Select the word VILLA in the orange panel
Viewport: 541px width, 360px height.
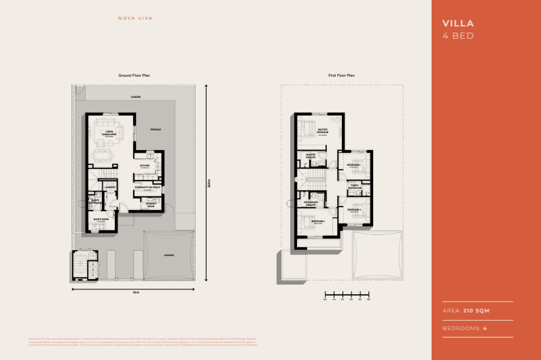(458, 23)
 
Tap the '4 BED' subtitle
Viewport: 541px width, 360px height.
(457, 35)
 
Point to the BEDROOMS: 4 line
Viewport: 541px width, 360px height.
(466, 328)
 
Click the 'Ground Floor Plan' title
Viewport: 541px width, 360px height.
(133, 75)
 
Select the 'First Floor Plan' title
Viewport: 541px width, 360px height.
(341, 75)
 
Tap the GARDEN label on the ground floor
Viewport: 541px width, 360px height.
(136, 98)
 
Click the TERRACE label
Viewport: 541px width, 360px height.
(155, 129)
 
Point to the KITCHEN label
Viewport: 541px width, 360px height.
(145, 166)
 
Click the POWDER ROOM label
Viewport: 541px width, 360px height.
(151, 204)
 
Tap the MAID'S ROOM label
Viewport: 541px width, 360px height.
(101, 219)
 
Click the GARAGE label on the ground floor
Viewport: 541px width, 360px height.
(169, 255)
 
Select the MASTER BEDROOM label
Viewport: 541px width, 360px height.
(323, 131)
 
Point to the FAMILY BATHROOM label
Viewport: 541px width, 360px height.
(355, 186)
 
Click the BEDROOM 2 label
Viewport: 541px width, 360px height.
(318, 221)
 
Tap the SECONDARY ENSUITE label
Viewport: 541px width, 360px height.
(311, 203)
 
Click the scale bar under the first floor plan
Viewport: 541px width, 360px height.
(347, 296)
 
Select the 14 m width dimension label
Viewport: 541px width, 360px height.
(135, 292)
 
